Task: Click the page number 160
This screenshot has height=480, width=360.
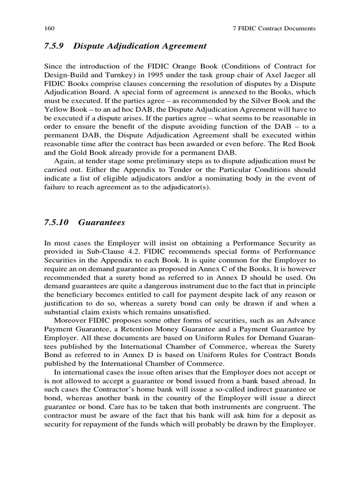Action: pyautogui.click(x=48, y=29)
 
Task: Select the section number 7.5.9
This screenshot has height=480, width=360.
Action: pyautogui.click(x=54, y=46)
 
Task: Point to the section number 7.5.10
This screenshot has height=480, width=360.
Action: pyautogui.click(x=57, y=223)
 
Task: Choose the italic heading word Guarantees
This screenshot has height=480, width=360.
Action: pyautogui.click(x=102, y=223)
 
